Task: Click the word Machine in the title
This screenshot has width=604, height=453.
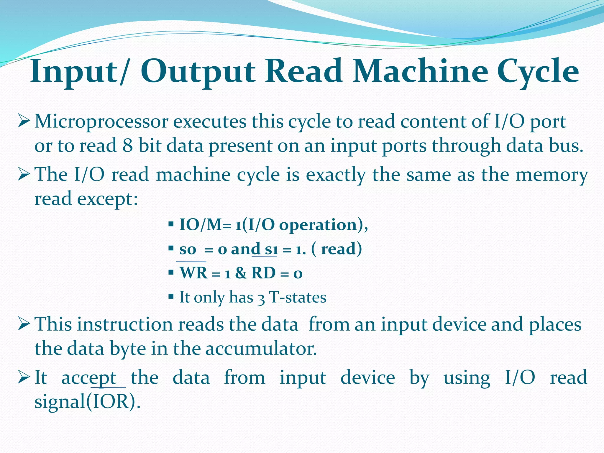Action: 421,71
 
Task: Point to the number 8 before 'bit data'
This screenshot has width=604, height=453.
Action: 127,146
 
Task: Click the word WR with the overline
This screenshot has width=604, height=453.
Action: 193,273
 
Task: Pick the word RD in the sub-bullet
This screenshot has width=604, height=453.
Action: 263,273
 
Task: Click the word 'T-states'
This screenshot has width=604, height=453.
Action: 298,297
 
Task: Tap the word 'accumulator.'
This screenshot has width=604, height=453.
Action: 261,349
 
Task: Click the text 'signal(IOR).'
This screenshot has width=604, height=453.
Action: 87,402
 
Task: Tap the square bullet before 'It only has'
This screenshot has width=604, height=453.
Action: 171,296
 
